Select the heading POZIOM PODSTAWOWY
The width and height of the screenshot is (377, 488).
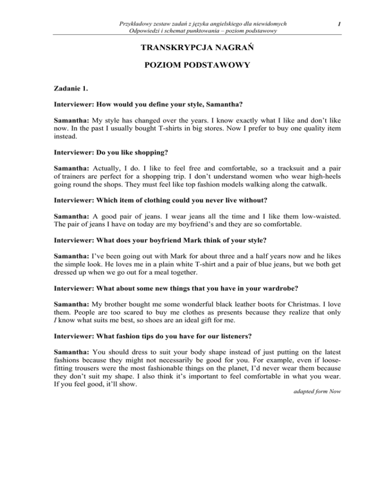(x=188, y=66)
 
